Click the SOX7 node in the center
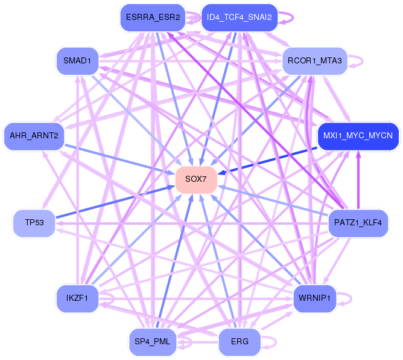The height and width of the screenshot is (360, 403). point(196,179)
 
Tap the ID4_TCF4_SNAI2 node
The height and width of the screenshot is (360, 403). point(240,18)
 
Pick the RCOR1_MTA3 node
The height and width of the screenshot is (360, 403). point(314,60)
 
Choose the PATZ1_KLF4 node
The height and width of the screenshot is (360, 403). point(358,223)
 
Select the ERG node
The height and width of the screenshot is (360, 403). point(240,342)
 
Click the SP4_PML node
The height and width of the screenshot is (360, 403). point(153,342)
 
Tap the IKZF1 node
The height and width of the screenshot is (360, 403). point(77,298)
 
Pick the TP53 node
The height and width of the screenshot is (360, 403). point(33,223)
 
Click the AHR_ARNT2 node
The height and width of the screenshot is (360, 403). point(34,135)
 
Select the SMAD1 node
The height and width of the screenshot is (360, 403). point(77,60)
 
